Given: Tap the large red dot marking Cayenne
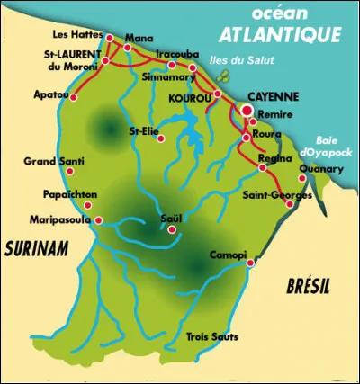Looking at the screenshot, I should coord(247,111).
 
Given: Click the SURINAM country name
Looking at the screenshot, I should coord(36,249).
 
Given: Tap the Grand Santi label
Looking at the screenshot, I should coord(50,164).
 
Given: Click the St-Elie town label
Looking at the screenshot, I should coord(144,130).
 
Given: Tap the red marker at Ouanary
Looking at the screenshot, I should coord(301,178).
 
